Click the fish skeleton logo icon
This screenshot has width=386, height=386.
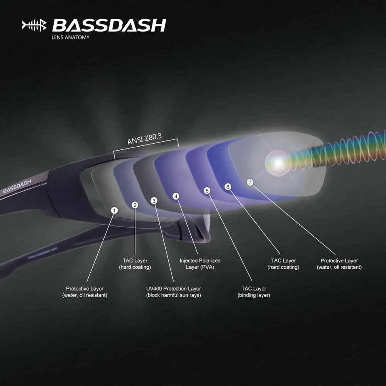pyautogui.click(x=34, y=25)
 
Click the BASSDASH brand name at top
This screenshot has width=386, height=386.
pyautogui.click(x=109, y=25)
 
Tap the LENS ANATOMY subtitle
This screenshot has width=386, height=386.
pyautogui.click(x=71, y=37)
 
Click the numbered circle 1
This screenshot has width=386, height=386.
pyautogui.click(x=114, y=210)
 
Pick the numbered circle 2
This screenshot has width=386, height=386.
pyautogui.click(x=135, y=205)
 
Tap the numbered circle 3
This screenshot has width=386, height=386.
pyautogui.click(x=154, y=201)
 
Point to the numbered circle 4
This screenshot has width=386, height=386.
pyautogui.click(x=176, y=196)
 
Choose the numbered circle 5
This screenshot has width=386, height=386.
pyautogui.click(x=207, y=191)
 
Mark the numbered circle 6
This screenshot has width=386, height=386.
pyautogui.click(x=228, y=187)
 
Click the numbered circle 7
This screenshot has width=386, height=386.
pyautogui.click(x=250, y=183)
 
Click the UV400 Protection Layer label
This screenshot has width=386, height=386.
pyautogui.click(x=173, y=292)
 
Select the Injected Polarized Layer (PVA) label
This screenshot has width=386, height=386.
pyautogui.click(x=200, y=264)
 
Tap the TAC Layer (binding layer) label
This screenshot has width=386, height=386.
pyautogui.click(x=254, y=292)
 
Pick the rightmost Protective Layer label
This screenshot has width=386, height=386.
pyautogui.click(x=339, y=264)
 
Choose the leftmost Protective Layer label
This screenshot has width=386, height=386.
pyautogui.click(x=85, y=292)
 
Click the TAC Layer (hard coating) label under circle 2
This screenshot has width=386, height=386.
pyautogui.click(x=135, y=264)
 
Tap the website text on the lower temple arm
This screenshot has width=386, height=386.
pyautogui.click(x=42, y=253)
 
